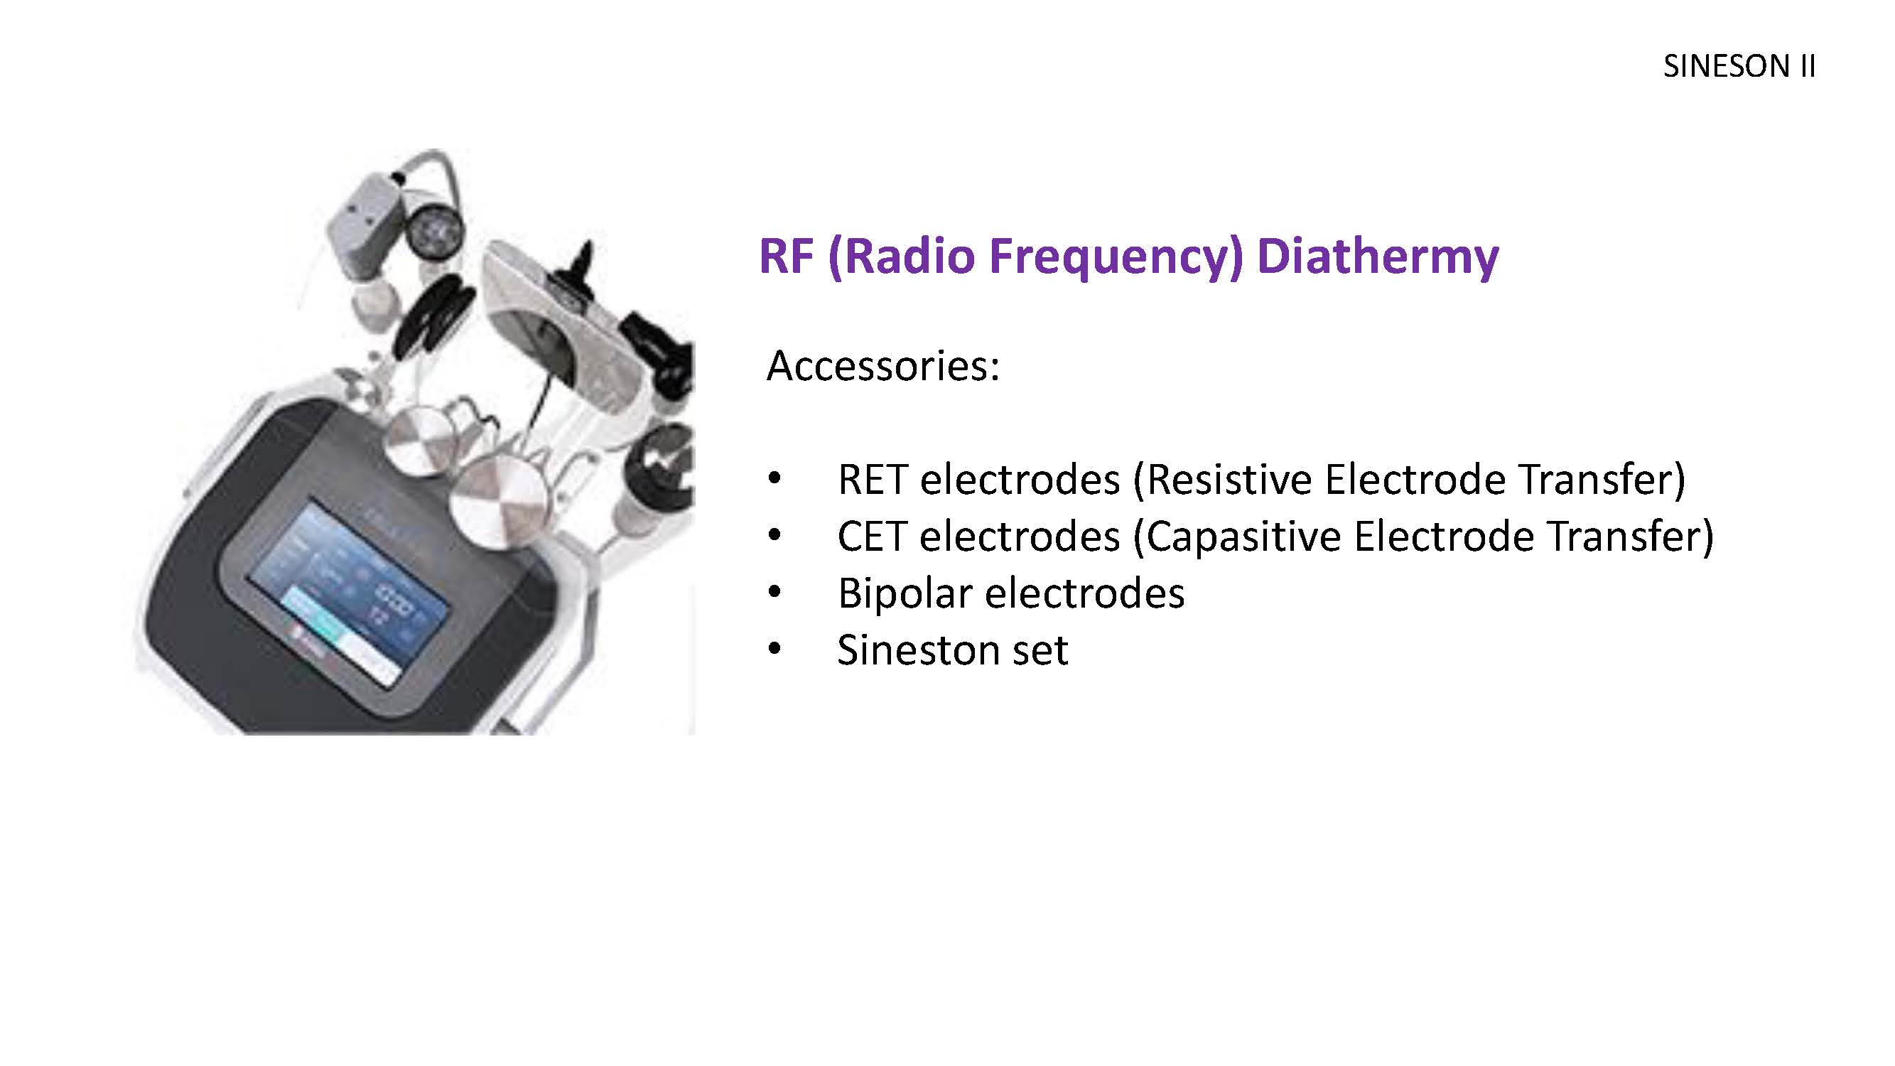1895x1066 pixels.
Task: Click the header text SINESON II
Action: (x=1739, y=67)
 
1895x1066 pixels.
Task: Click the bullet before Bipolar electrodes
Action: (x=774, y=593)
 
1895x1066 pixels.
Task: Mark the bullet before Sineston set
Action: (x=774, y=650)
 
